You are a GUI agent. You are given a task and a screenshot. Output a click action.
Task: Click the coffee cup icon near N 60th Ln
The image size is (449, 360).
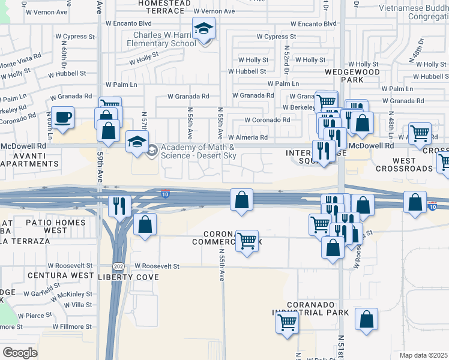62,116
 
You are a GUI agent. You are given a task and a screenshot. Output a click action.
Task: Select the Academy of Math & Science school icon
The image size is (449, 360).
137,142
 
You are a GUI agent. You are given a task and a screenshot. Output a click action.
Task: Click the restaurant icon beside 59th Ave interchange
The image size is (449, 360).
118,206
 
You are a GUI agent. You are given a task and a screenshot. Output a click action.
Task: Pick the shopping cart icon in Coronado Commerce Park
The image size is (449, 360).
247,241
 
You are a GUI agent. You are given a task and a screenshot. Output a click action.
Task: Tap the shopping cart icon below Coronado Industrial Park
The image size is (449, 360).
287,322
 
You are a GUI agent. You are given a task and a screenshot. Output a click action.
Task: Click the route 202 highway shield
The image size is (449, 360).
118,265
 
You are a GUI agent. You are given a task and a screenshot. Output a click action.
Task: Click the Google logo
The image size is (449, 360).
20,352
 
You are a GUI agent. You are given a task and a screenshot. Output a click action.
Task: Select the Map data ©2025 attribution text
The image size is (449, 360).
423,355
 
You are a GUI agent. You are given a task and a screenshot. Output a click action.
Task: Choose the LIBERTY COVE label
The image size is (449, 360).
129,277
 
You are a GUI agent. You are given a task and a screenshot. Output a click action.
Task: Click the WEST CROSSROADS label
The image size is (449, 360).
405,164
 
